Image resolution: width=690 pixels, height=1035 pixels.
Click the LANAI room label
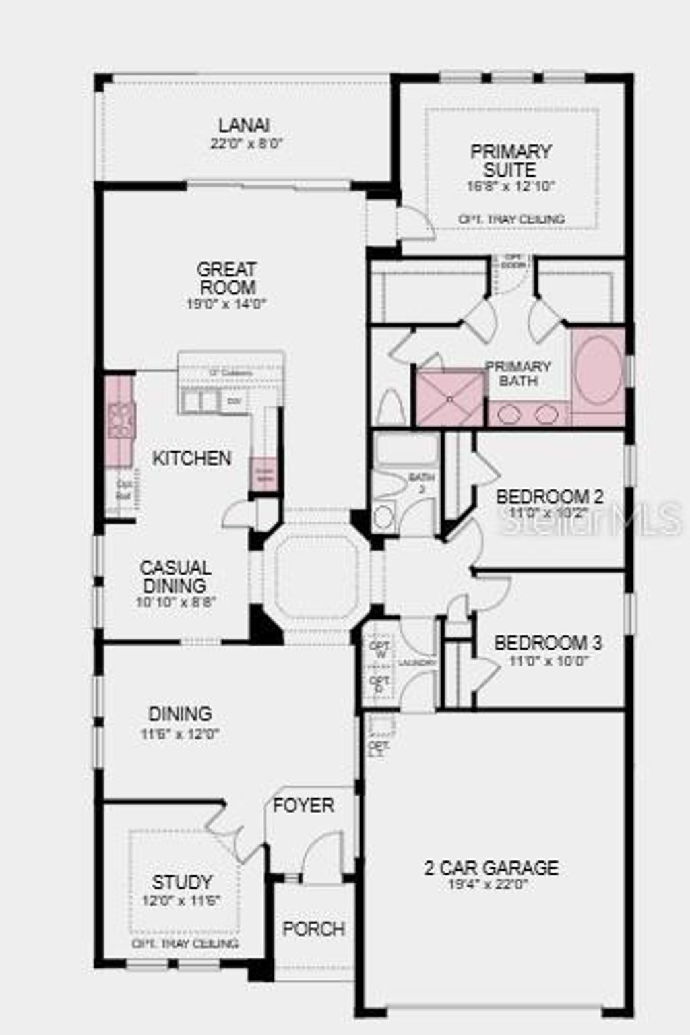(x=244, y=125)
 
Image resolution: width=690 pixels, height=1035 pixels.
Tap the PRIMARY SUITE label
(x=511, y=160)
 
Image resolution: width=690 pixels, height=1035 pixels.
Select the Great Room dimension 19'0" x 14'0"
(x=226, y=304)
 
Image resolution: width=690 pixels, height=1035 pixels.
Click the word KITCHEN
(x=192, y=458)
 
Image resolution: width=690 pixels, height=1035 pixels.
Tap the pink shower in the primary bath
(x=449, y=398)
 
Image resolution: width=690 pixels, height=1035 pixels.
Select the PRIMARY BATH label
(x=518, y=373)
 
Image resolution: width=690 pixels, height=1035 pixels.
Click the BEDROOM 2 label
(x=549, y=497)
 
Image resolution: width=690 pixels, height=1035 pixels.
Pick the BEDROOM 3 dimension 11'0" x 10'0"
(x=549, y=661)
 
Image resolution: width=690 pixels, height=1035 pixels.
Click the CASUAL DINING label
(x=175, y=576)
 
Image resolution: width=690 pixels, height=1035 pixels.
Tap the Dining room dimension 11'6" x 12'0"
(x=181, y=734)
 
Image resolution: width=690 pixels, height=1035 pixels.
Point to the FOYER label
(x=303, y=805)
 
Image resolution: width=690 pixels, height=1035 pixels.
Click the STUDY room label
(x=182, y=882)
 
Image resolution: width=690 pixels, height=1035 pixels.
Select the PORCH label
(x=314, y=929)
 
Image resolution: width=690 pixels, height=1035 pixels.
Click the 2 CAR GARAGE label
(x=491, y=867)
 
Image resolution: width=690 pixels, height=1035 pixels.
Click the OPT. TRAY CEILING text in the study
(x=185, y=943)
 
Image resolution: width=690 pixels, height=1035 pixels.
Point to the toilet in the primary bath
(x=389, y=408)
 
